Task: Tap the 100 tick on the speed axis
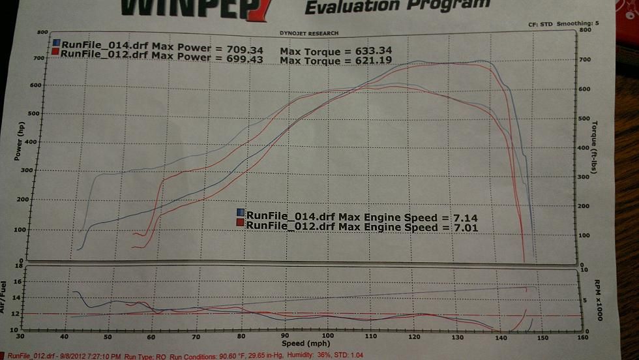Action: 328,337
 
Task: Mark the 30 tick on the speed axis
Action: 20,337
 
